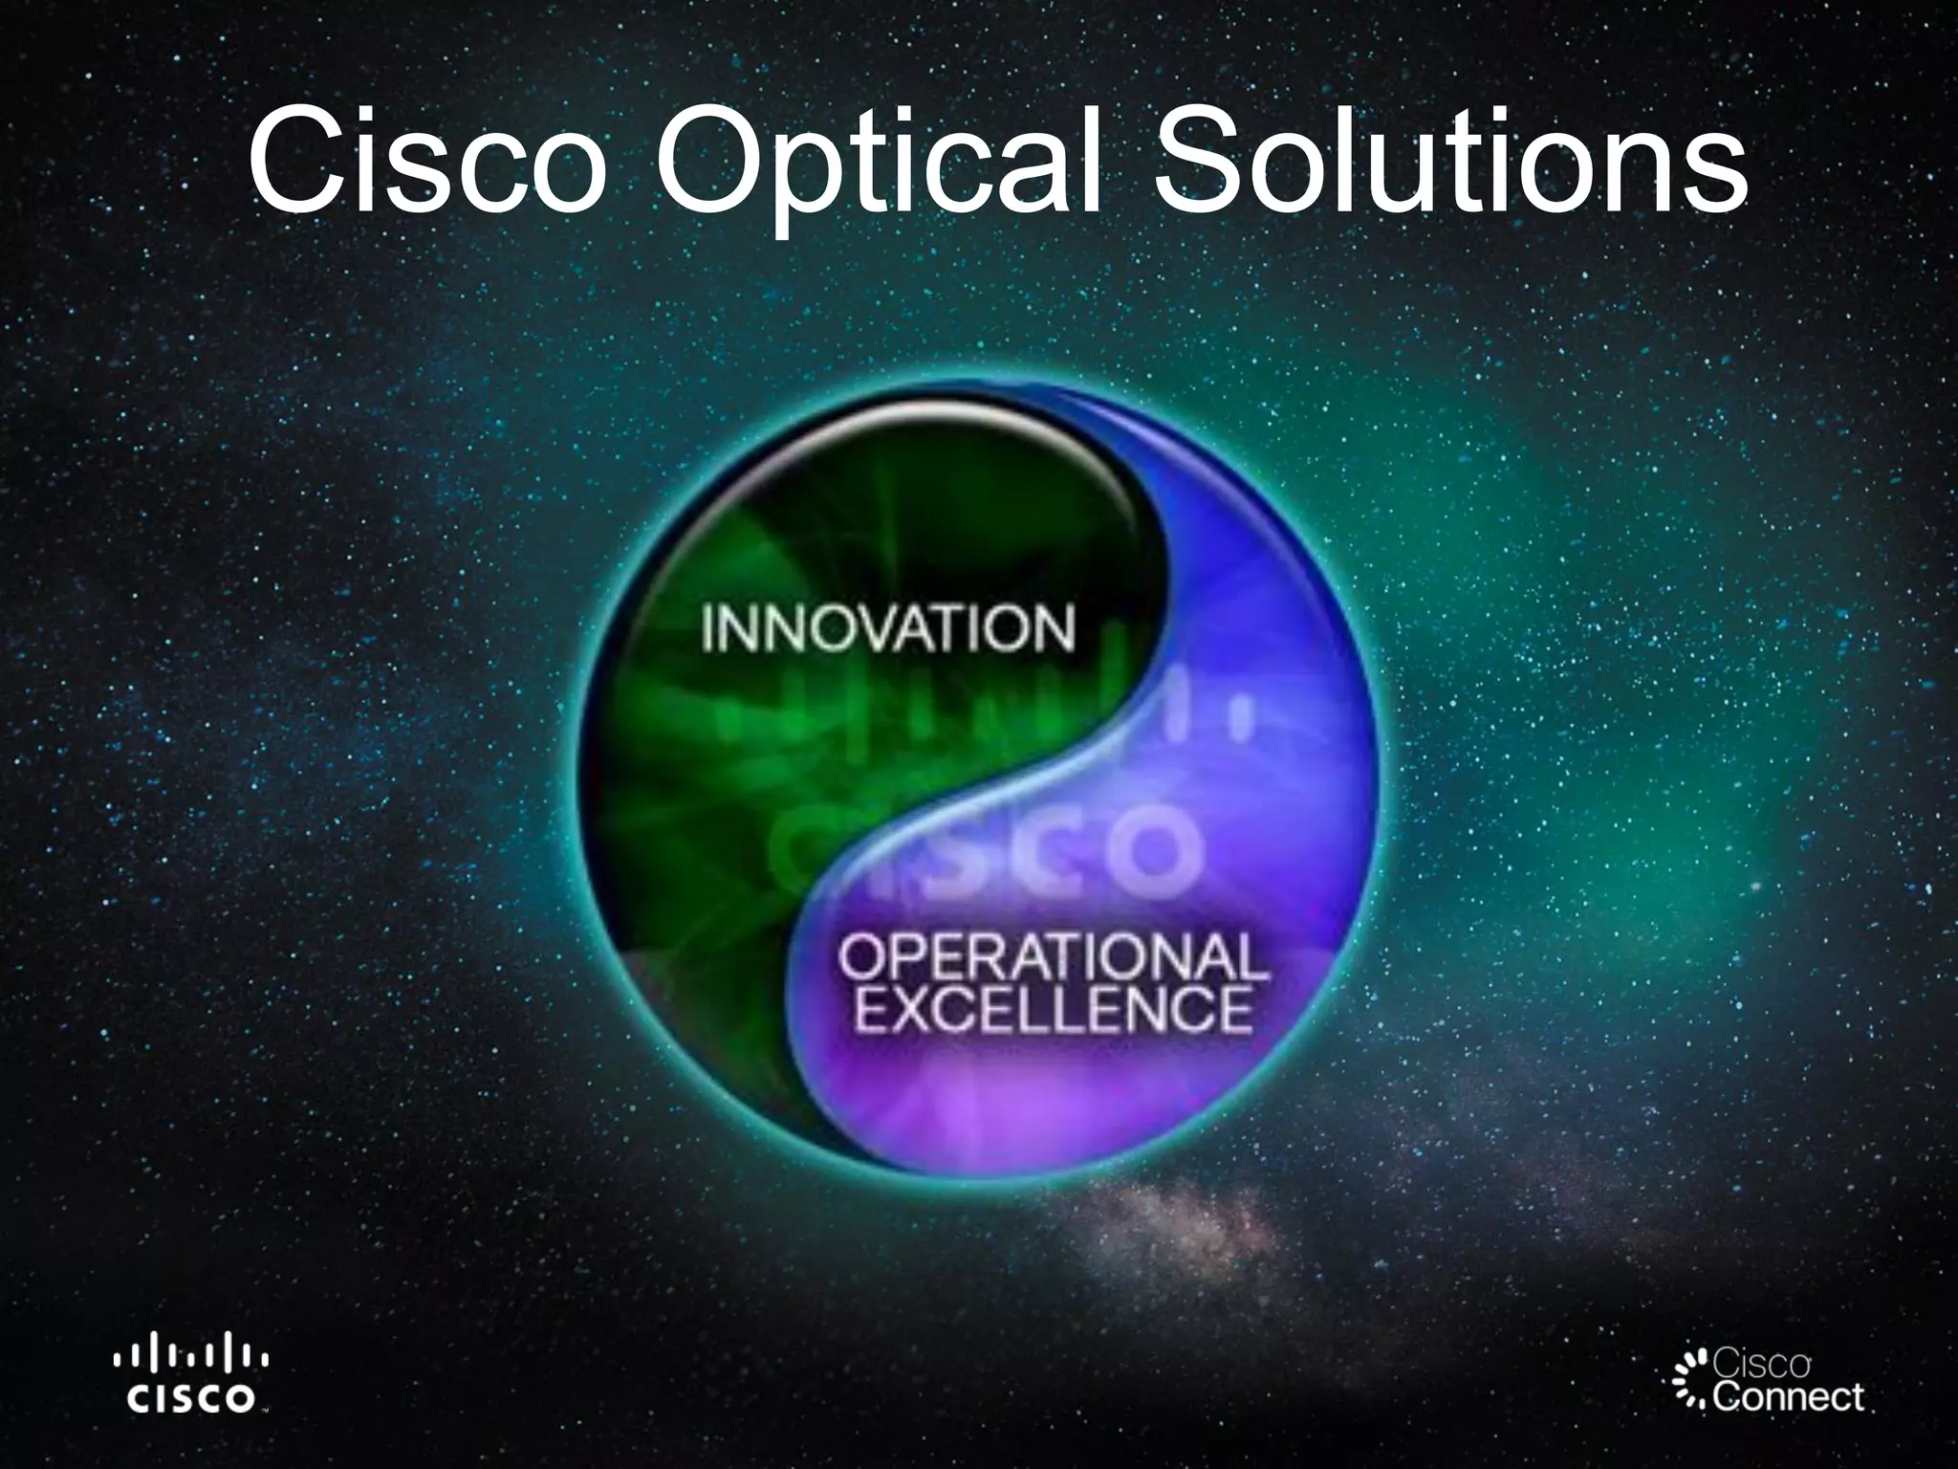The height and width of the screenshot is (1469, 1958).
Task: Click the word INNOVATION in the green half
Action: pyautogui.click(x=888, y=628)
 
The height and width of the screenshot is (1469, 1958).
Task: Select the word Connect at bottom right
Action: pyautogui.click(x=1787, y=1397)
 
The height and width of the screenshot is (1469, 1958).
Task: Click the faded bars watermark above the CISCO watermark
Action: pyautogui.click(x=985, y=727)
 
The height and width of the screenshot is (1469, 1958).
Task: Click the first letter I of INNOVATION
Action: pyautogui.click(x=708, y=628)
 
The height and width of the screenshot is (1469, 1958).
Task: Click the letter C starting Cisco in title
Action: pyautogui.click(x=292, y=163)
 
